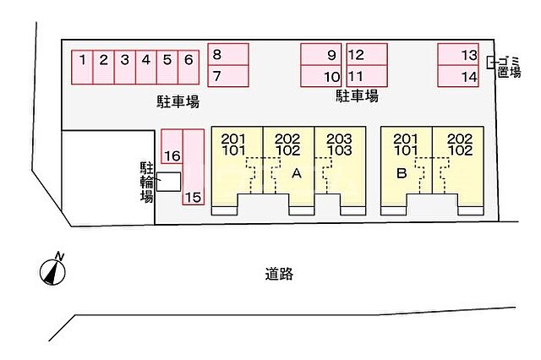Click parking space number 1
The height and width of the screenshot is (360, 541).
(x=82, y=68)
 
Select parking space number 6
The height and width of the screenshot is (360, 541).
(x=189, y=68)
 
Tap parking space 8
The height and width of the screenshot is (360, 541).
(x=228, y=54)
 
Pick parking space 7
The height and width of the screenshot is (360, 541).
(x=228, y=76)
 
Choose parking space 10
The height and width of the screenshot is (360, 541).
(x=321, y=76)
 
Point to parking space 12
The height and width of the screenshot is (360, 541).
(x=367, y=54)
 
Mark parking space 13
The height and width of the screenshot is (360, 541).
(x=458, y=54)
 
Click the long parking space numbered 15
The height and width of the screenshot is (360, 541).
(x=194, y=167)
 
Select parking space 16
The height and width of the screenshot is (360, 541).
(x=172, y=146)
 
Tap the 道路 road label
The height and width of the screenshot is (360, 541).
(x=279, y=274)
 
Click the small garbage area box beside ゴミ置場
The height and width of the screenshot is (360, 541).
(x=490, y=63)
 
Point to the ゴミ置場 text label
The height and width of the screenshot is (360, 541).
(x=509, y=67)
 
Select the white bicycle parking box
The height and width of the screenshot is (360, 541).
(x=169, y=182)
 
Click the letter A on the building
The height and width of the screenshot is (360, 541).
(x=297, y=173)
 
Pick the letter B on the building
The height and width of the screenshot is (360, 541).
(x=402, y=172)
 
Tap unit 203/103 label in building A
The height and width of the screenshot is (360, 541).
(x=340, y=145)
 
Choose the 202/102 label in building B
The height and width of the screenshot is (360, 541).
(x=460, y=145)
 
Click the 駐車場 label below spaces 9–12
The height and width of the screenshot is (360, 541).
(x=357, y=95)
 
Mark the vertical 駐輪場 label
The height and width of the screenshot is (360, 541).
(x=146, y=182)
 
